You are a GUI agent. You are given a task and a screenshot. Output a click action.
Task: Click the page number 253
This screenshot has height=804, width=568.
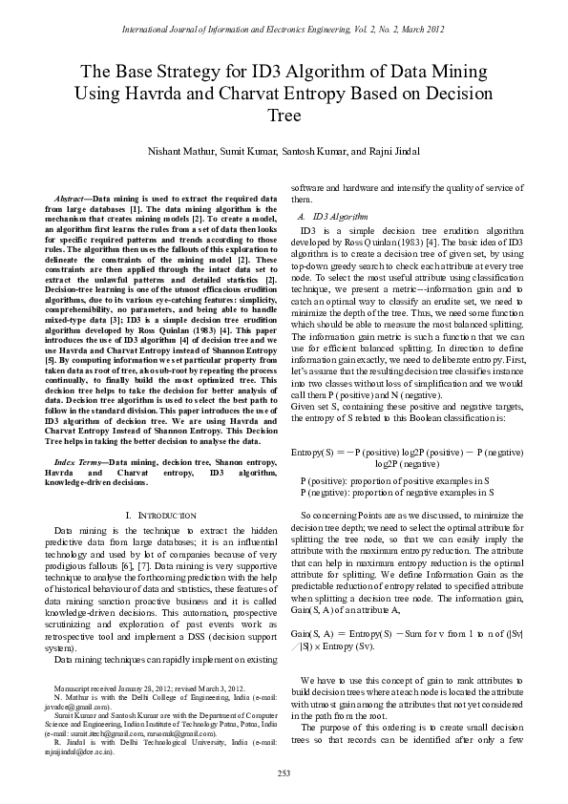284,772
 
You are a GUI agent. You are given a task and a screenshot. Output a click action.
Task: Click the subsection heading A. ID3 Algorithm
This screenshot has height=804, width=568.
333,218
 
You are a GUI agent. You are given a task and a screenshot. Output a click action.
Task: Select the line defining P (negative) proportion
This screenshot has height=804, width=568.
396,492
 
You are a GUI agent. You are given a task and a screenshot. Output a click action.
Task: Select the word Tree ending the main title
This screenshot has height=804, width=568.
284,116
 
